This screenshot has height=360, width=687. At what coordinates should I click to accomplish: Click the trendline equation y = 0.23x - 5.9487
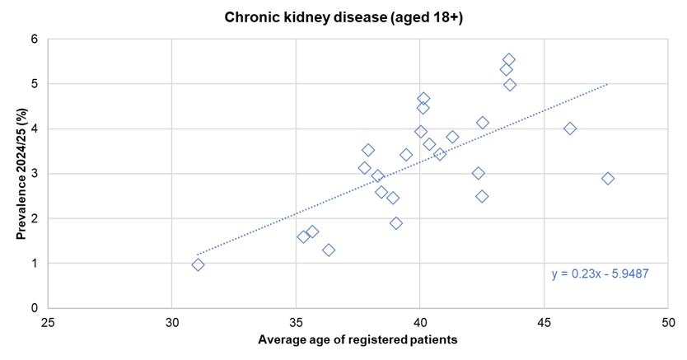[x=601, y=274]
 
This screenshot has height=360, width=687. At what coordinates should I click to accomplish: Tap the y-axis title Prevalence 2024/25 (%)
[x=21, y=173]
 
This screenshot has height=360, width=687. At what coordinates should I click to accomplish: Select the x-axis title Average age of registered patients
[x=358, y=339]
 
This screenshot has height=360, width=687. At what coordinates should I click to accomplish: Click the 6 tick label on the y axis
[x=35, y=39]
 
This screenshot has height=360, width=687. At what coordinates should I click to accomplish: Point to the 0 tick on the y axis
[x=35, y=308]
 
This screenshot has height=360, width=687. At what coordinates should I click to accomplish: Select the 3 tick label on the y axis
[x=35, y=174]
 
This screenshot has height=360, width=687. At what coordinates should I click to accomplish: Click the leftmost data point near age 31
[x=198, y=264]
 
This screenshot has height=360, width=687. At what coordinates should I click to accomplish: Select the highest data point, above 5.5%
[x=509, y=59]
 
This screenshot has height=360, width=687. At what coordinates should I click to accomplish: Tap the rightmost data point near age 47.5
[x=608, y=178]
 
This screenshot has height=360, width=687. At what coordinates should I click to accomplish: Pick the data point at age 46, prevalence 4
[x=570, y=129]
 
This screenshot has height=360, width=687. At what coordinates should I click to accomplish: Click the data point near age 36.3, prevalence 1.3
[x=329, y=250]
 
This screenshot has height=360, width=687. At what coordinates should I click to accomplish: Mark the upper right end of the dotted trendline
[x=608, y=84]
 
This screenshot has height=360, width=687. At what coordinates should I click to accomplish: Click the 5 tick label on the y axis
[x=35, y=84]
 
